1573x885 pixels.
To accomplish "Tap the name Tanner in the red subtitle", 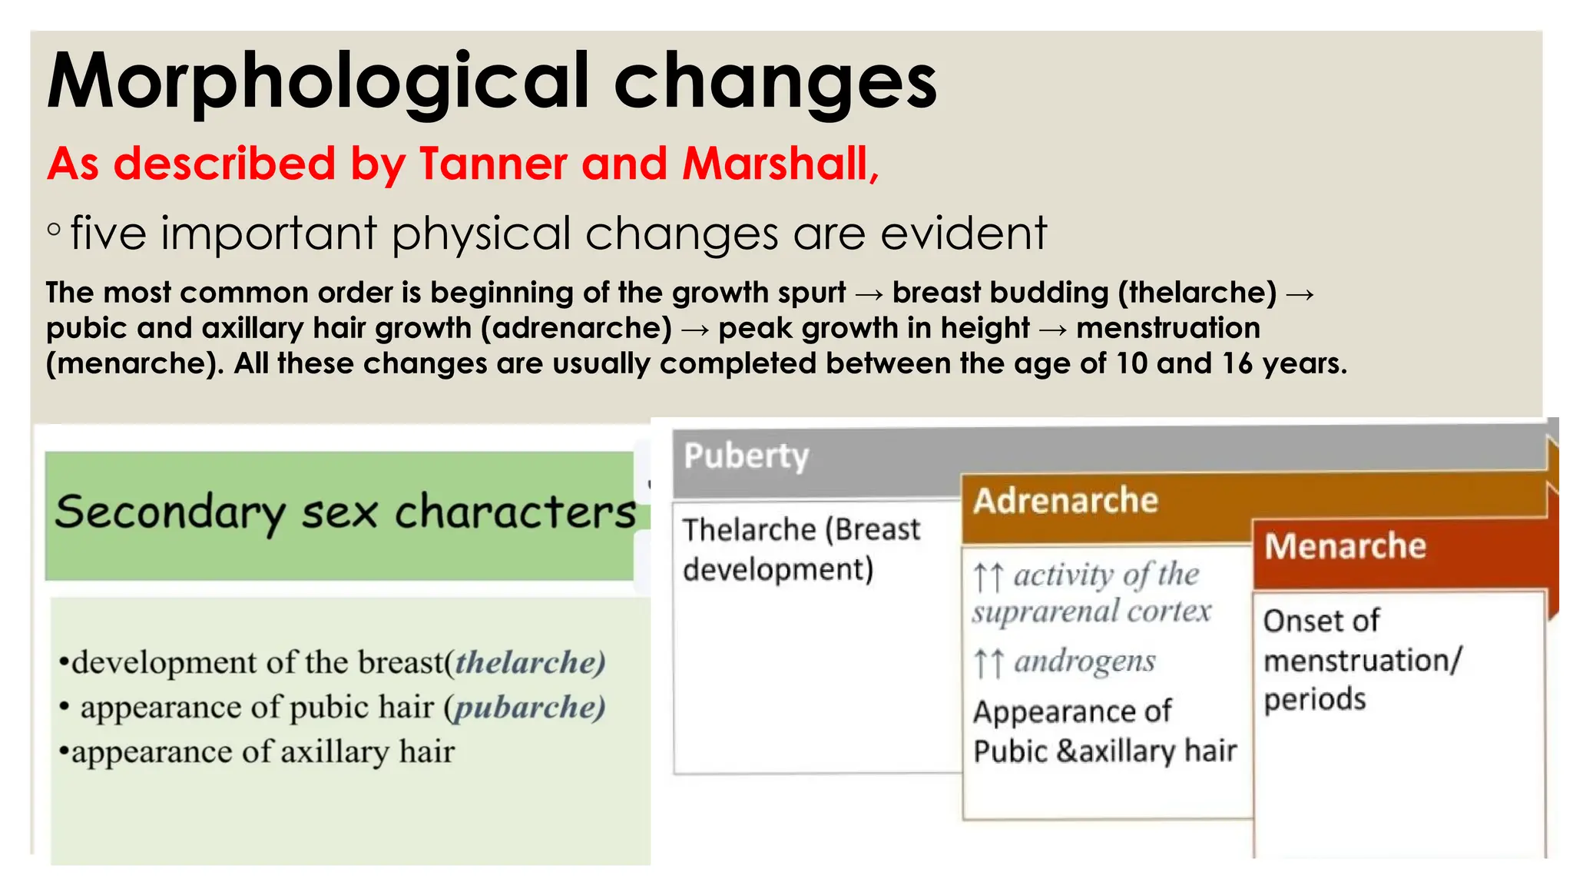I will click(492, 164).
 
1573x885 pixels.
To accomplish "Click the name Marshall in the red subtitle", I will click(776, 164).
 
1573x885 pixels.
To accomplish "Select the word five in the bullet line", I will click(108, 233).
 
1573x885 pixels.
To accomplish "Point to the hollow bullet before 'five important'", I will click(54, 229).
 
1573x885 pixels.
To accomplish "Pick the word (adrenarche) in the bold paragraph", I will click(576, 328).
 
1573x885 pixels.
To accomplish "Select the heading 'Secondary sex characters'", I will click(345, 512).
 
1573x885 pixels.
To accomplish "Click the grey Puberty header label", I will click(746, 456).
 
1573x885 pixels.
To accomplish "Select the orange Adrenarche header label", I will click(1065, 500).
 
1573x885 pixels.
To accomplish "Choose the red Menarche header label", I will click(1345, 546).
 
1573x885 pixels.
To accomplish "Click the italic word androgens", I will click(1085, 661).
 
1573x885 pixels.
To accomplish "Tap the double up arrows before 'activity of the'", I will click(988, 576).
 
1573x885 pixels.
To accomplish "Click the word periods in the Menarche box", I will click(1314, 699).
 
